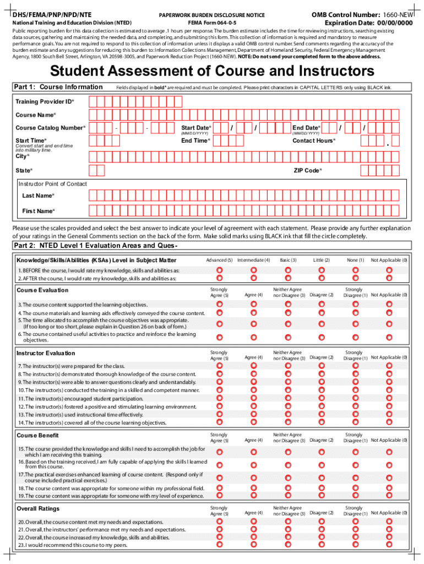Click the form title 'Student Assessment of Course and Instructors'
click(x=212, y=71)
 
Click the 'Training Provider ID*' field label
click(x=45, y=102)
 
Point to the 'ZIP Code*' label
click(x=308, y=171)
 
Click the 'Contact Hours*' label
click(x=313, y=140)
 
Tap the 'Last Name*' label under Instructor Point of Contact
click(x=38, y=196)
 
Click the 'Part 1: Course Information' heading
click(x=58, y=86)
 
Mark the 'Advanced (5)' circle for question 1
click(x=219, y=270)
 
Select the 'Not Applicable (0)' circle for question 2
click(x=389, y=278)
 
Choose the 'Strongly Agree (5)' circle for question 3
click(x=219, y=304)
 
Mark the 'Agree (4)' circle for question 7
click(x=253, y=366)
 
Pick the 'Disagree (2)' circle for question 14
click(x=321, y=422)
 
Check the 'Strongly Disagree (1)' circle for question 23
click(x=354, y=545)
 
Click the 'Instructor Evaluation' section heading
click(x=46, y=353)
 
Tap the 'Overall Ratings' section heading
click(x=38, y=508)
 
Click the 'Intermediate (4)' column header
click(x=253, y=260)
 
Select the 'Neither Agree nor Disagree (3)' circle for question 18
click(x=287, y=487)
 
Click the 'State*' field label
click(x=24, y=171)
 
